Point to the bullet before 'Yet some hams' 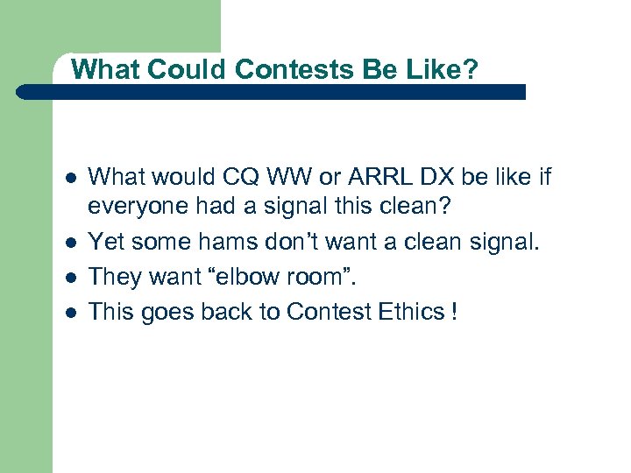click(69, 241)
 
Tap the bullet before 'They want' click(69, 278)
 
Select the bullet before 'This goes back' click(69, 312)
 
